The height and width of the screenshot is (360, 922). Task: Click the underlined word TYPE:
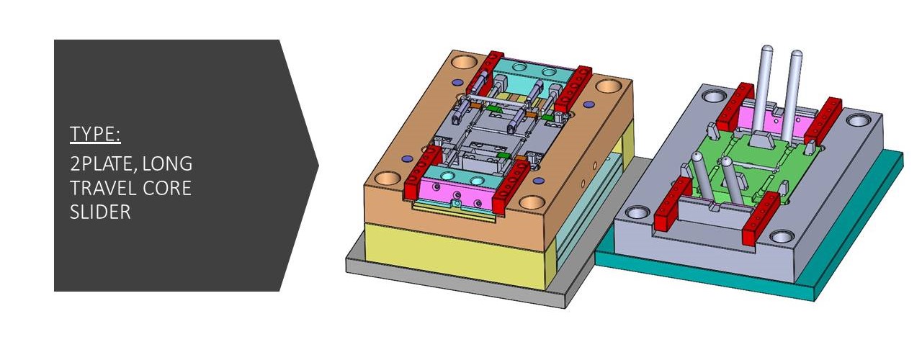95,134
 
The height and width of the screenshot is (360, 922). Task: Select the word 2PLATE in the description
102,164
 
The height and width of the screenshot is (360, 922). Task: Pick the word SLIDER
100,212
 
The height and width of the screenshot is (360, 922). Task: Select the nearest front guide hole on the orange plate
532,202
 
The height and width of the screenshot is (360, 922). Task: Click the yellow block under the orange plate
453,255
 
